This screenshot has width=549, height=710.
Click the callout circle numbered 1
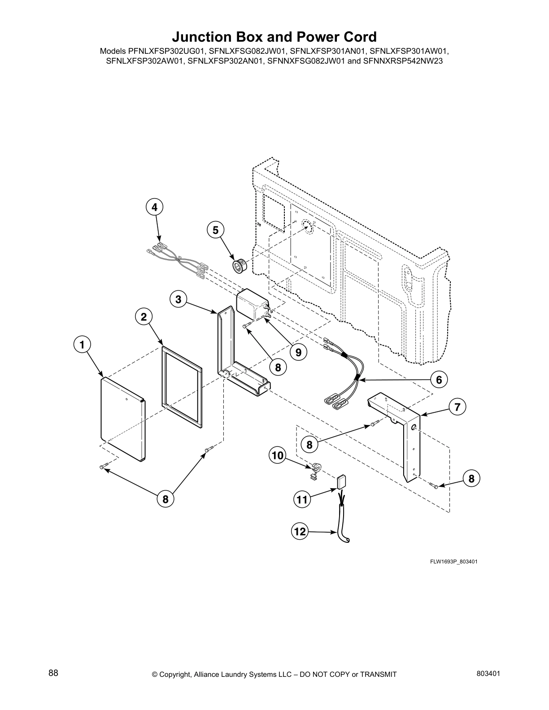82,345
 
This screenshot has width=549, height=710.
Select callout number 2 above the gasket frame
143,317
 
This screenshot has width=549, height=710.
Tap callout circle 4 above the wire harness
154,207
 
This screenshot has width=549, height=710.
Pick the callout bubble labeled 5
215,230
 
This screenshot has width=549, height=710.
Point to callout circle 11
302,499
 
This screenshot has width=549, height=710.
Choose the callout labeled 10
278,456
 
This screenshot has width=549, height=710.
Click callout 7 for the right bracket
457,407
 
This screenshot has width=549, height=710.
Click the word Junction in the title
202,37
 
